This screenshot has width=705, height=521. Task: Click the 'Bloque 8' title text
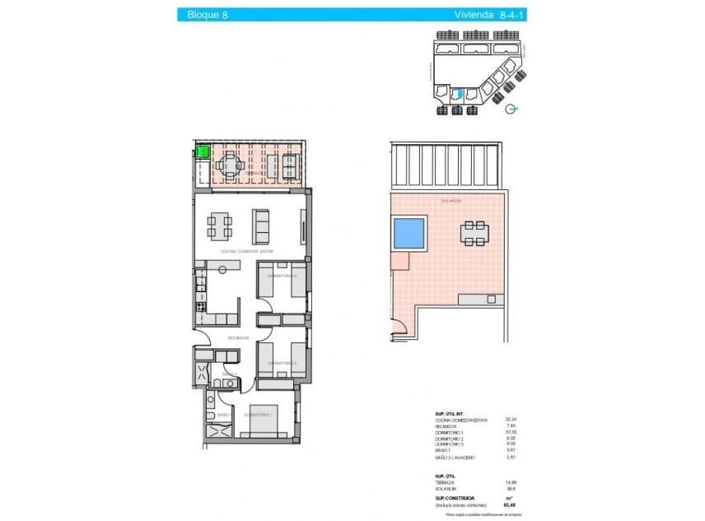(208, 14)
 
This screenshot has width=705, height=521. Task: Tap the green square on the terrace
(202, 151)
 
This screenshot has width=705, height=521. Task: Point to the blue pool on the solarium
(409, 233)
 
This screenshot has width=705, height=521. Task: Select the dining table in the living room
(219, 223)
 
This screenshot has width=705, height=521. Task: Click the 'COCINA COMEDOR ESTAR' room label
(247, 251)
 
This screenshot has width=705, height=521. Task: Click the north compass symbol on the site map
(511, 109)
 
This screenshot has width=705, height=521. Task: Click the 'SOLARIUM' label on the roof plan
(451, 201)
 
